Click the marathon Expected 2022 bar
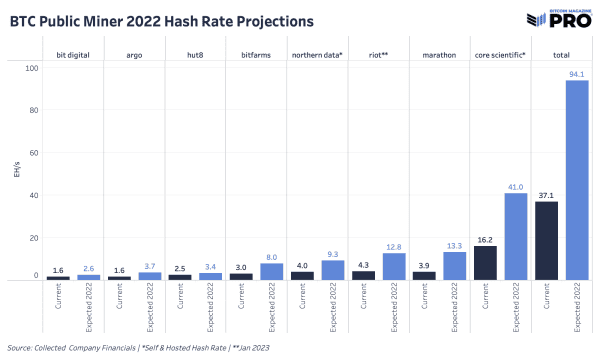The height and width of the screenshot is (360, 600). pos(453,265)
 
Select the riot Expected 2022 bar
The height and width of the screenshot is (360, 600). pos(392,266)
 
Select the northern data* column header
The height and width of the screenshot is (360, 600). pos(316,53)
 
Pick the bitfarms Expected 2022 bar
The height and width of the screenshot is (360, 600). pos(270,270)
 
